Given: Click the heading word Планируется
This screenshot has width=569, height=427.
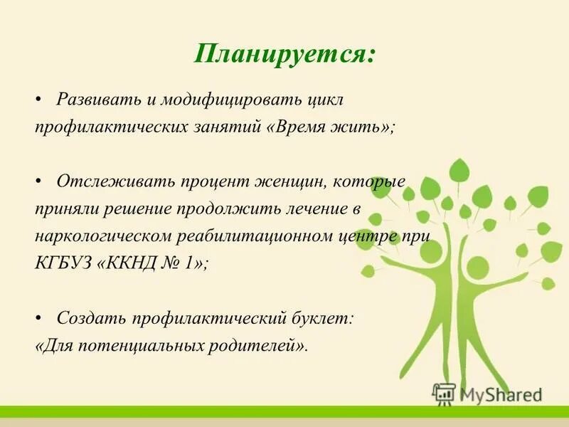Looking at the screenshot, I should pyautogui.click(x=284, y=55).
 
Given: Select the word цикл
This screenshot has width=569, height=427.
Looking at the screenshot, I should pyautogui.click(x=326, y=100).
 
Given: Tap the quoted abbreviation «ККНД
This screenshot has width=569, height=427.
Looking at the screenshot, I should pyautogui.click(x=132, y=263).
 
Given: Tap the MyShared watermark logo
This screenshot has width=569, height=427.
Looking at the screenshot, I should pyautogui.click(x=487, y=394).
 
